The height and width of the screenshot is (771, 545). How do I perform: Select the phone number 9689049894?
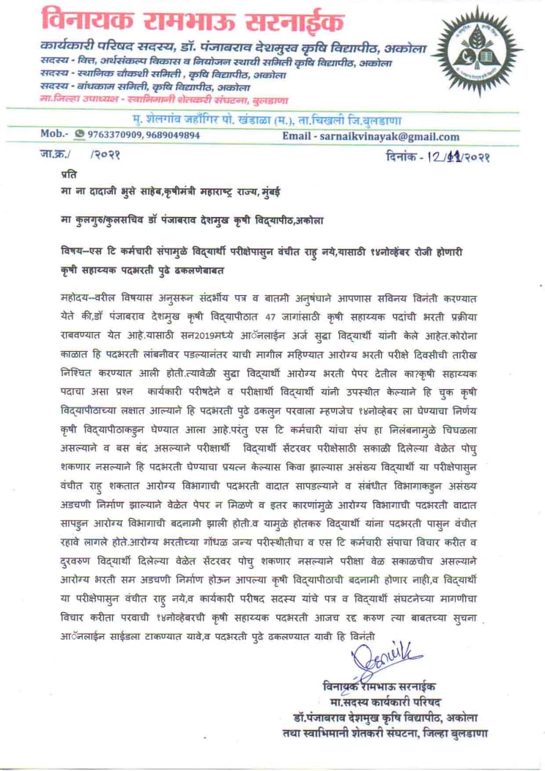tap(169, 136)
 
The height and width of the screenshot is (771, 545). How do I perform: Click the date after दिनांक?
tap(453, 156)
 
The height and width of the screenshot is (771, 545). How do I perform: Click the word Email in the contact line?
tap(296, 136)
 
